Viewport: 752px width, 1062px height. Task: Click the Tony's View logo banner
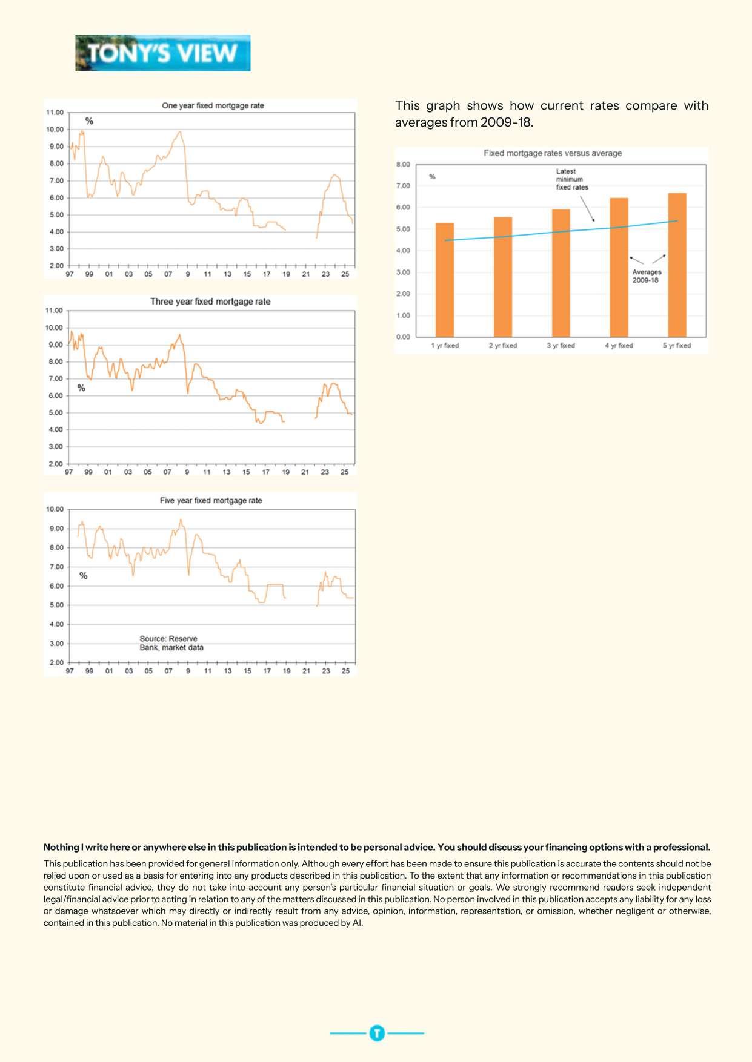[x=162, y=53]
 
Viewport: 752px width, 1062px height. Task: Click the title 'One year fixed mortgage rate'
[x=213, y=105]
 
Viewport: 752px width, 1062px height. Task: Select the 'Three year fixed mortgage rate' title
[x=210, y=302]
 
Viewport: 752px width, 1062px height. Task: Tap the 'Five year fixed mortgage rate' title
[x=211, y=500]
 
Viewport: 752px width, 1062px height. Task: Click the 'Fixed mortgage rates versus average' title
[x=553, y=153]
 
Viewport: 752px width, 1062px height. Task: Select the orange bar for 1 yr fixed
[x=445, y=280]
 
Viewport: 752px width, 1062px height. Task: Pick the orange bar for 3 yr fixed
[x=561, y=273]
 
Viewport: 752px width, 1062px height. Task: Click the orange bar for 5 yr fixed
[x=677, y=265]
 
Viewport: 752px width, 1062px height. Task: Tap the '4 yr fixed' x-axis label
[x=619, y=346]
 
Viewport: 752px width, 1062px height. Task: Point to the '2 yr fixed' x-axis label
[x=503, y=346]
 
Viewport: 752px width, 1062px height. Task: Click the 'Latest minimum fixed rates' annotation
[x=571, y=179]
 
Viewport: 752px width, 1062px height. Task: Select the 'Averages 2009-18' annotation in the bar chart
[x=647, y=276]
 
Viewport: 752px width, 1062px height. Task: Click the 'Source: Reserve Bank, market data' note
[x=171, y=643]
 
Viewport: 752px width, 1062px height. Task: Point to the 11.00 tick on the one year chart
[x=55, y=113]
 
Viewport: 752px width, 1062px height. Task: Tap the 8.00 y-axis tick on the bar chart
[x=403, y=164]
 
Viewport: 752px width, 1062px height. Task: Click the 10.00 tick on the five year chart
[x=55, y=509]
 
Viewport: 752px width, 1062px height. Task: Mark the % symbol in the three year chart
[x=81, y=388]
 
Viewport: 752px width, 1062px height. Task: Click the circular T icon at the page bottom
[x=377, y=1033]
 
